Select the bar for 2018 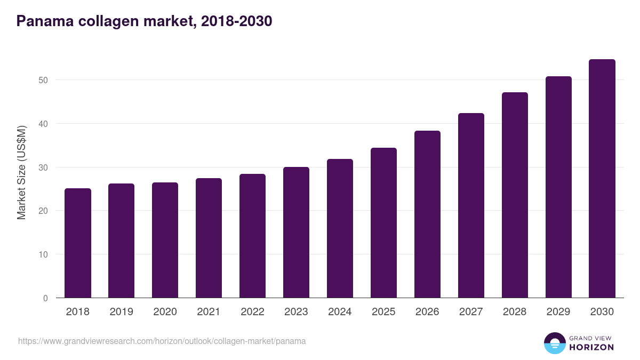[78, 243]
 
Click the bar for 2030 [602, 179]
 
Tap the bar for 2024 [340, 228]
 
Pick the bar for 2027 [471, 205]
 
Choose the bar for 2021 [209, 238]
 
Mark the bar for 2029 [558, 187]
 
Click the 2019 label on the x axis [122, 312]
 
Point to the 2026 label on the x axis [427, 312]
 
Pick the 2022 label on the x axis [252, 312]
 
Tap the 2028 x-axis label [515, 312]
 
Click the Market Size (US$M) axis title [21, 173]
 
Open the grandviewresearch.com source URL [162, 341]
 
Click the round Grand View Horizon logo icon [554, 343]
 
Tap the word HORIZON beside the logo [591, 347]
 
